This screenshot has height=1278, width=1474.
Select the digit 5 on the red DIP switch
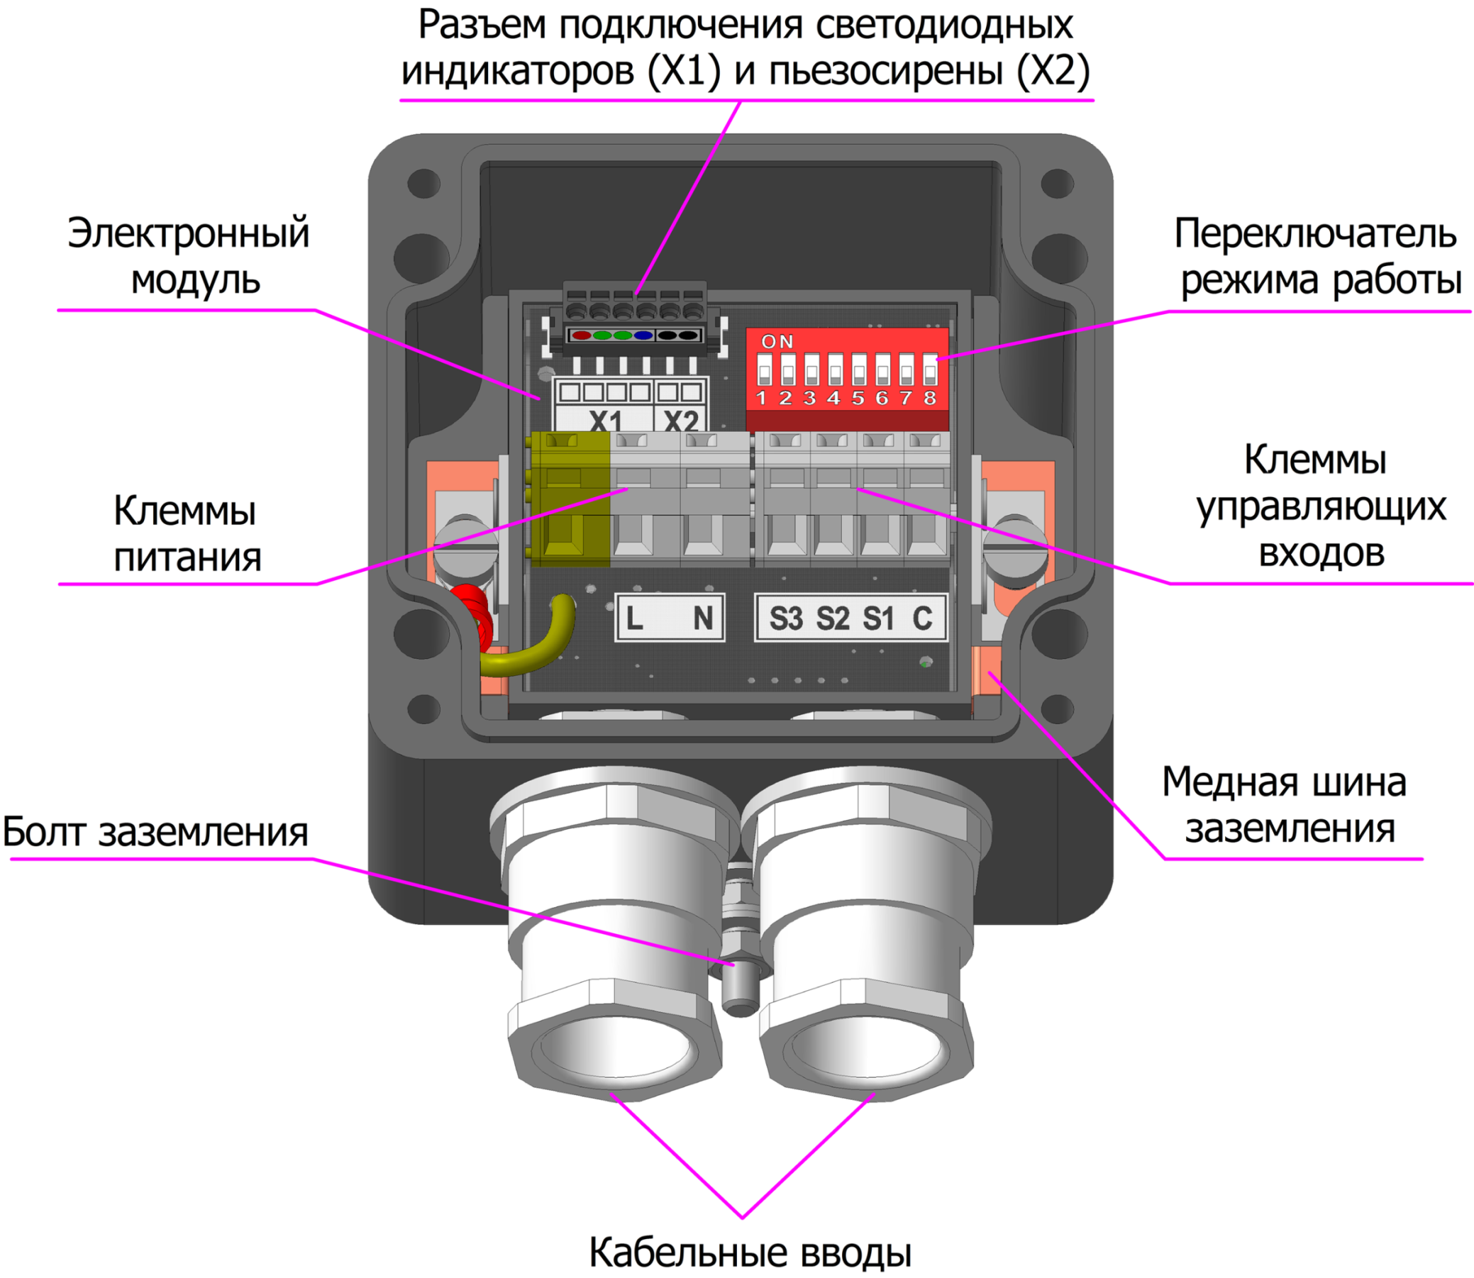[x=858, y=398]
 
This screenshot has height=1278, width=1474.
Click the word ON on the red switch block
[x=777, y=342]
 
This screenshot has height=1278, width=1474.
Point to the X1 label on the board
[x=606, y=420]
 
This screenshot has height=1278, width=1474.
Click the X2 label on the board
[x=681, y=420]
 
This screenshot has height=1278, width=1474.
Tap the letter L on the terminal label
[x=634, y=618]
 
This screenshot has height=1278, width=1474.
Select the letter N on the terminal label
[x=702, y=618]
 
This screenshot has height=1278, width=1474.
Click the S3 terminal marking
[x=785, y=618]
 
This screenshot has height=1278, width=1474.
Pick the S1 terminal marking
[x=878, y=618]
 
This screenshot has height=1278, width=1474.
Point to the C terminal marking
[x=922, y=618]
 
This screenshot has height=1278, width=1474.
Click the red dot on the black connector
[x=581, y=335]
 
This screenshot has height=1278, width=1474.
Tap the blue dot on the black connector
[x=643, y=335]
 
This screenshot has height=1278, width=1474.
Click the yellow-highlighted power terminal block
[x=570, y=499]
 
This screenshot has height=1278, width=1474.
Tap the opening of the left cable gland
[x=615, y=1048]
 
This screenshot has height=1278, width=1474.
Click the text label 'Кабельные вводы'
[x=750, y=1252]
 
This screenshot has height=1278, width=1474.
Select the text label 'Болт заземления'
[x=155, y=833]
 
